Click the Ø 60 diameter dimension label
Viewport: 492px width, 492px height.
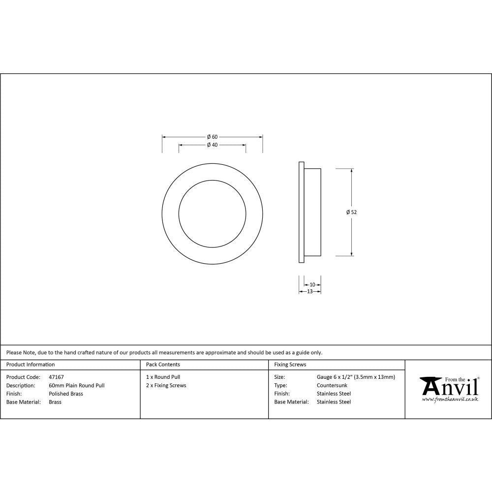(212, 136)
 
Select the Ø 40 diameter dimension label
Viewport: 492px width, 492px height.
(212, 145)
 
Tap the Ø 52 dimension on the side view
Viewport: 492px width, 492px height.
(351, 212)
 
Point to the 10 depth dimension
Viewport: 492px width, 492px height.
(312, 284)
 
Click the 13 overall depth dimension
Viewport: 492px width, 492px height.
(310, 291)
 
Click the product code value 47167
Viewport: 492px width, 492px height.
(56, 377)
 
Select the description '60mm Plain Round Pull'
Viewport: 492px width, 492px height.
(76, 385)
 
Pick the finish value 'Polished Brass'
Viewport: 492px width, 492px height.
(66, 394)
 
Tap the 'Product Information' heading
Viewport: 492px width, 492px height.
(31, 365)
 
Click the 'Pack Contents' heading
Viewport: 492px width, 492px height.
(163, 365)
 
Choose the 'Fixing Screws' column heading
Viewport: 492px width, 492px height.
(290, 365)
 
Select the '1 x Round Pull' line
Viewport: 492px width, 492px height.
(163, 377)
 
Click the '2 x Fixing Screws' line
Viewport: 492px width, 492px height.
(166, 385)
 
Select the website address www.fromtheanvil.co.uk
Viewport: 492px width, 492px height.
(450, 399)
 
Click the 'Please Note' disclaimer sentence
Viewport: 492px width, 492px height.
(164, 352)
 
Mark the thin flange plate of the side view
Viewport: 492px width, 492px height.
(301, 212)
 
